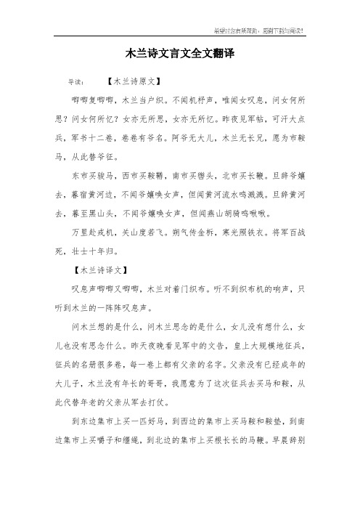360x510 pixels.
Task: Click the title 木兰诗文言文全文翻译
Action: pyautogui.click(x=180, y=54)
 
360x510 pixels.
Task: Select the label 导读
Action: pyautogui.click(x=75, y=82)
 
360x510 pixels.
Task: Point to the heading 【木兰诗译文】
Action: pyautogui.click(x=101, y=270)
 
